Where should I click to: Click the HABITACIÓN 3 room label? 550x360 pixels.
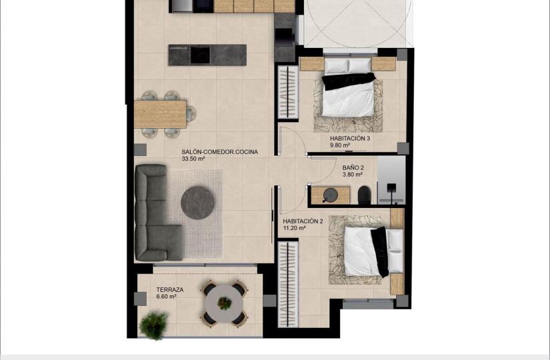[350, 139]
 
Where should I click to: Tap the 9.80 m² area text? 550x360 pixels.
[340, 145]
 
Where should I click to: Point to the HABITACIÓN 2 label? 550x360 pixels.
[303, 221]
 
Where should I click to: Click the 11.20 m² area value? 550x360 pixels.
[294, 228]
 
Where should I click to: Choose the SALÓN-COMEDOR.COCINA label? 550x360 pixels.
[219, 152]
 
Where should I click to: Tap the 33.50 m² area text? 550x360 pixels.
[193, 159]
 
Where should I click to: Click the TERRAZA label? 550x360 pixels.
[170, 290]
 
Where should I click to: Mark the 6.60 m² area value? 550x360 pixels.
[166, 297]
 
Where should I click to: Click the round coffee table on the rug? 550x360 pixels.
[197, 203]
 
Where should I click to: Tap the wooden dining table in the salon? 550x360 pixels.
[160, 114]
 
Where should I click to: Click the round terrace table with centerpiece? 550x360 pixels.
[225, 303]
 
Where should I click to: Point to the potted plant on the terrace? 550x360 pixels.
[153, 325]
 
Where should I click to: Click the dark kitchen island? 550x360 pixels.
[207, 55]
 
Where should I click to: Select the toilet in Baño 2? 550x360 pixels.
[365, 195]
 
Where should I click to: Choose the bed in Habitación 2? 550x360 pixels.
[373, 251]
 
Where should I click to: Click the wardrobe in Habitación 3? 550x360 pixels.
[288, 92]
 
